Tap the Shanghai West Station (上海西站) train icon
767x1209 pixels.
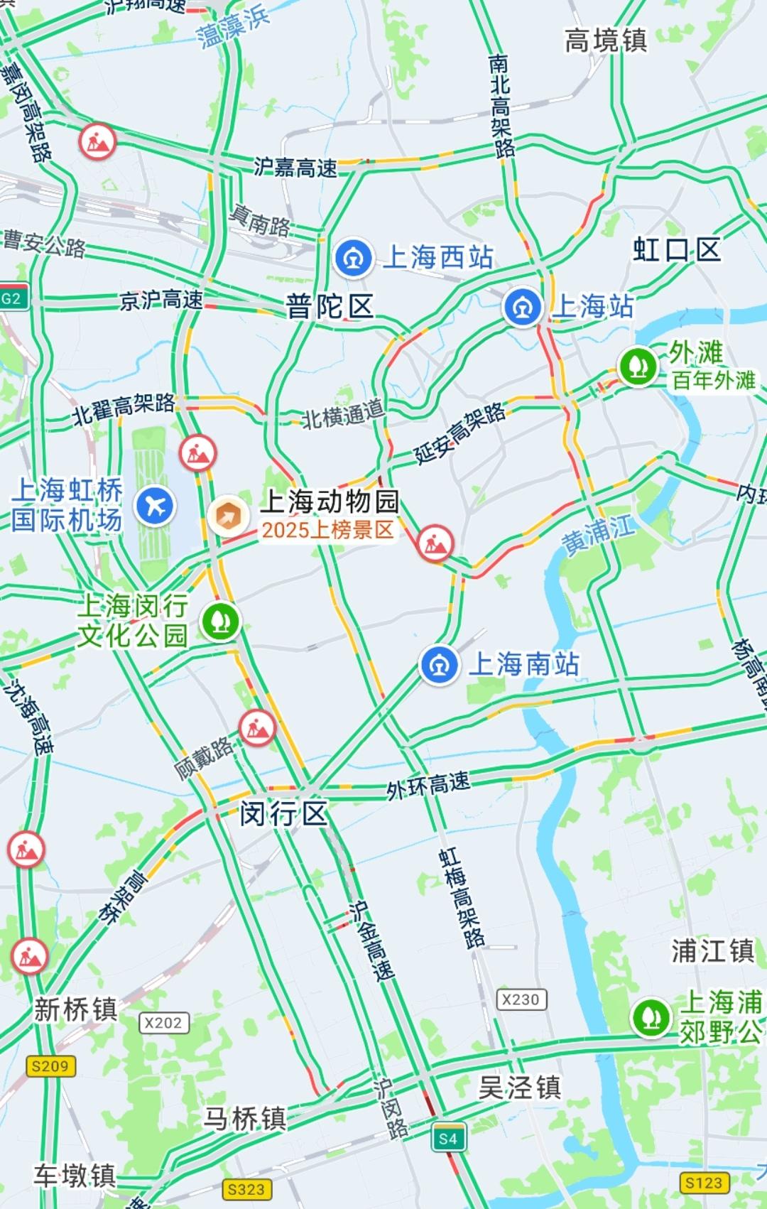353,257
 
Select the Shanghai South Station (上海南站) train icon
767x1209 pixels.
439,665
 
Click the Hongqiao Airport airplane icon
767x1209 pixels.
156,506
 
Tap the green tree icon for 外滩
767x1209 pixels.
638,366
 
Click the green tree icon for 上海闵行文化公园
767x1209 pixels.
220,622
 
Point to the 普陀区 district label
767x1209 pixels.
330,307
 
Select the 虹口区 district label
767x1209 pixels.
677,250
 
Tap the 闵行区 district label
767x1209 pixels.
283,813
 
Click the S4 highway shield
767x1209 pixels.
448,1139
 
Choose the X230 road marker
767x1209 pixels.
521,999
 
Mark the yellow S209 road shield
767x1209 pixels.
50,1066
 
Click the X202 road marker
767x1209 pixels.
164,1023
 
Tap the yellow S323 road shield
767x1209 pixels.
246,1189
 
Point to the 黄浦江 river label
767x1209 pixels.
599,534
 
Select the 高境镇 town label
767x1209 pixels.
606,40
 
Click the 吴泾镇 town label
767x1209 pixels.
520,1088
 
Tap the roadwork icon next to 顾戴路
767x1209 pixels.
257,727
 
